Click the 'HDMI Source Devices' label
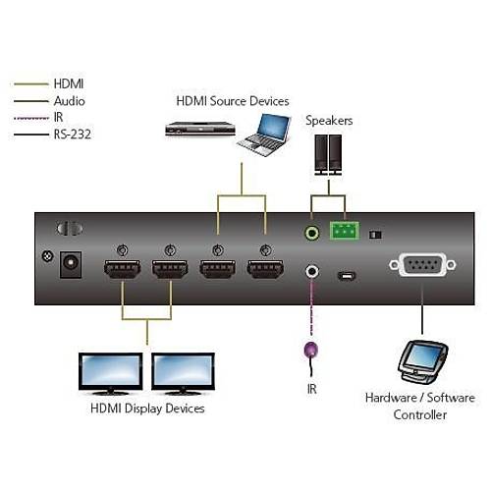tap(233, 100)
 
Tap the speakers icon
tap(329, 154)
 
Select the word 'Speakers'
tap(329, 121)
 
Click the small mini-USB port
tap(345, 274)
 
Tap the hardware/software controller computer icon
tap(421, 362)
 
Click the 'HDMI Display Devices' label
tap(147, 408)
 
